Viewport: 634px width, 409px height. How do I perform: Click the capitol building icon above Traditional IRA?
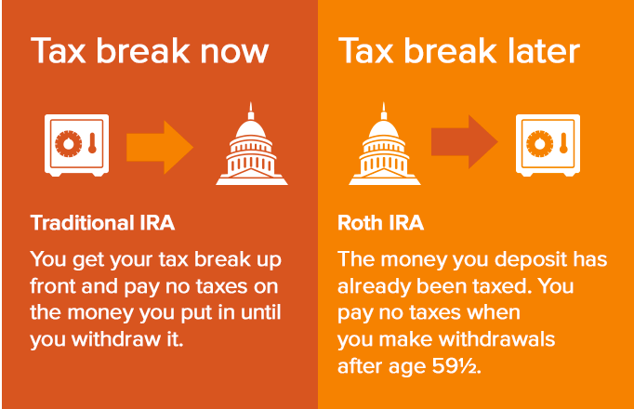point(252,147)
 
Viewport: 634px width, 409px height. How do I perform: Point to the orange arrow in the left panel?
point(160,147)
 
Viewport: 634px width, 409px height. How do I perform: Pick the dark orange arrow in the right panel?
point(464,141)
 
